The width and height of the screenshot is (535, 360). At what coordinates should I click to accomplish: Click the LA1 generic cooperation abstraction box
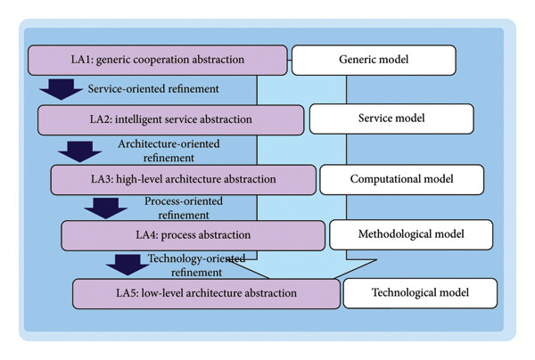click(158, 60)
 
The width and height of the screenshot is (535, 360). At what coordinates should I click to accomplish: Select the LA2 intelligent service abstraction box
click(171, 120)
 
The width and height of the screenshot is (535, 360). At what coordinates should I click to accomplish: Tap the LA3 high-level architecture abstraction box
click(184, 180)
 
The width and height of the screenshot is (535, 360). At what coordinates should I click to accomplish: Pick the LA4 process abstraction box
click(193, 235)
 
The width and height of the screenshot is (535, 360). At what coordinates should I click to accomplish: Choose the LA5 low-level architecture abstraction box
click(207, 294)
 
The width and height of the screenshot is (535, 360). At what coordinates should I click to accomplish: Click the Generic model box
click(374, 60)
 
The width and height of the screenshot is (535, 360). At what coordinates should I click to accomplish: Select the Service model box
click(391, 119)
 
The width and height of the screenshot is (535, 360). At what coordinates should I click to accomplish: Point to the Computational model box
click(402, 180)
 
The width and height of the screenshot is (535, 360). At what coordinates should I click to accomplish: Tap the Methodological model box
click(411, 234)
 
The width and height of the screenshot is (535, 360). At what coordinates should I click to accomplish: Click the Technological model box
click(420, 293)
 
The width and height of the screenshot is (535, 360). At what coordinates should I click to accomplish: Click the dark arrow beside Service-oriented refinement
click(61, 89)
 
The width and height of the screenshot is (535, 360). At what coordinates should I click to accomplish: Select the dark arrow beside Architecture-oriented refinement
click(80, 151)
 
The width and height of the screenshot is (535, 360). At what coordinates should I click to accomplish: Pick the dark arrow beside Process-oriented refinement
click(106, 209)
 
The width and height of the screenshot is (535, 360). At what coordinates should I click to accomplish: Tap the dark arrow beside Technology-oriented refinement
click(128, 265)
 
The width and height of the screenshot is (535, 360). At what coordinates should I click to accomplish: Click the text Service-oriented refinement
click(153, 89)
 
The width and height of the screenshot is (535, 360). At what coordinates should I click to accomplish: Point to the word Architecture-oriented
click(169, 143)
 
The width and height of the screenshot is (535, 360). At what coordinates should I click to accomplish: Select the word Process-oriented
click(184, 201)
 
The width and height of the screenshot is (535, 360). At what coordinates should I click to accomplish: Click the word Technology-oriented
click(196, 258)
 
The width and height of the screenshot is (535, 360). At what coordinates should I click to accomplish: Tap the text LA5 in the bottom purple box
click(127, 293)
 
